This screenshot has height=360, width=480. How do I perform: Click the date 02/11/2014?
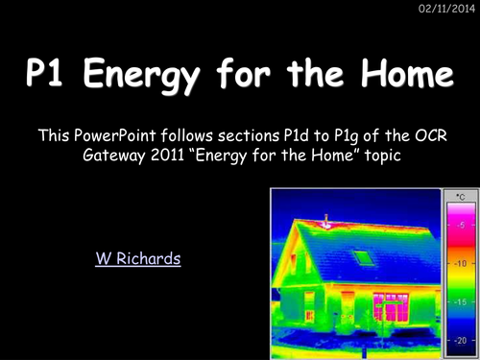(x=448, y=10)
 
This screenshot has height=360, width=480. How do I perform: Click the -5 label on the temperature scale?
(x=461, y=224)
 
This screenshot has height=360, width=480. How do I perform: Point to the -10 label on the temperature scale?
(x=460, y=262)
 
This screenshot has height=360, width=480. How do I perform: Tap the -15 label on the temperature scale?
(x=460, y=300)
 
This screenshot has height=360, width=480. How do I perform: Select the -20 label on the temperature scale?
(x=460, y=339)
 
